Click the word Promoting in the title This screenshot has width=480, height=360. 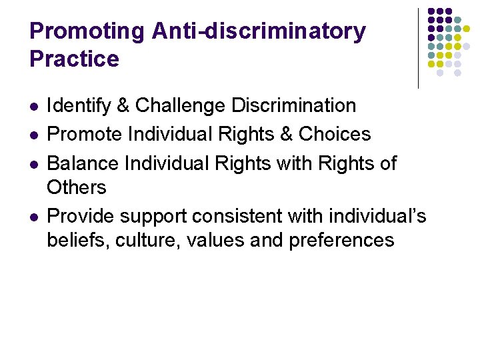(x=87, y=31)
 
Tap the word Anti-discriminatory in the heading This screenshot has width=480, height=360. (x=259, y=31)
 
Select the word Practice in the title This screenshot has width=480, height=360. (x=74, y=59)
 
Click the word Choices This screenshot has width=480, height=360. (x=335, y=134)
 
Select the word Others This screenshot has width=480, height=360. (x=77, y=187)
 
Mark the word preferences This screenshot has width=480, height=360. (x=342, y=241)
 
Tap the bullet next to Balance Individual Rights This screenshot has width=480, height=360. (x=34, y=164)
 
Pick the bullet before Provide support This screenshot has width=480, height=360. (x=34, y=217)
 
